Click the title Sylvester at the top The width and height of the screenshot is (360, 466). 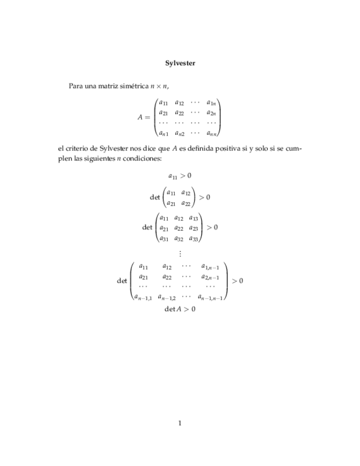pos(180,63)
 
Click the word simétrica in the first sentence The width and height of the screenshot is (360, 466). pos(131,86)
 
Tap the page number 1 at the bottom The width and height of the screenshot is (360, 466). pos(180,423)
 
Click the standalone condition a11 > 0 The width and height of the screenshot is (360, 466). pos(180,176)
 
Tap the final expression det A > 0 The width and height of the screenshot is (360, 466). pos(180,309)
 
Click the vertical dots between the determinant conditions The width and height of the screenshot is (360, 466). pos(180,253)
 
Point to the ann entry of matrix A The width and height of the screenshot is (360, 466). pos(212,132)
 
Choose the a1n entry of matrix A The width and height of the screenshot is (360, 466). pos(212,103)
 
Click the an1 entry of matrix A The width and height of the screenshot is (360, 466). pos(163,132)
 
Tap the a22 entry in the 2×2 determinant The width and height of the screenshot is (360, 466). pos(186,203)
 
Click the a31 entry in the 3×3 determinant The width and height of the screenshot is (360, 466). pos(164,238)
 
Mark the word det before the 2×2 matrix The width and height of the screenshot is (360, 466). pos(154,197)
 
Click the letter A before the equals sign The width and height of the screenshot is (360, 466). pos(141,117)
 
